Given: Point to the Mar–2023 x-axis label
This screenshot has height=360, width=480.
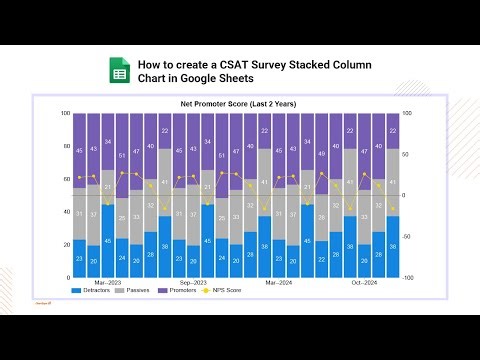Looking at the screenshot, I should tap(107, 281).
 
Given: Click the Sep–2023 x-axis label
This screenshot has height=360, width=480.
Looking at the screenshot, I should tap(192, 281).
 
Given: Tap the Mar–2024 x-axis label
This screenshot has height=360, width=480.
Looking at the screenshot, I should tap(278, 281).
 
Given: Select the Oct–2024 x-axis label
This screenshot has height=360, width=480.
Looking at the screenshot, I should tap(363, 281).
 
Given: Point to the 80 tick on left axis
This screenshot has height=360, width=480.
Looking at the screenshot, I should tap(65, 146).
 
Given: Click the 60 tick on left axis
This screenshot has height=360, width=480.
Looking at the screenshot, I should tap(65, 179).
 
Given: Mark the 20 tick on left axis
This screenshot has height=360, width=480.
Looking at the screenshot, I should tap(65, 244).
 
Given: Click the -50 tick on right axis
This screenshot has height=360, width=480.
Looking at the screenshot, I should tap(407, 236).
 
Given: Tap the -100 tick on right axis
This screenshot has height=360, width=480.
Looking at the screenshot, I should tap(408, 277).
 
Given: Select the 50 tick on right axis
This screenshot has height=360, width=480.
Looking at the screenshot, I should tap(406, 154).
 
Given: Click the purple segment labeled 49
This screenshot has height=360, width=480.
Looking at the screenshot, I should tap(321, 154).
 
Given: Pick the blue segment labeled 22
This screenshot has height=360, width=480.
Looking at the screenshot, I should tap(321, 258).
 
